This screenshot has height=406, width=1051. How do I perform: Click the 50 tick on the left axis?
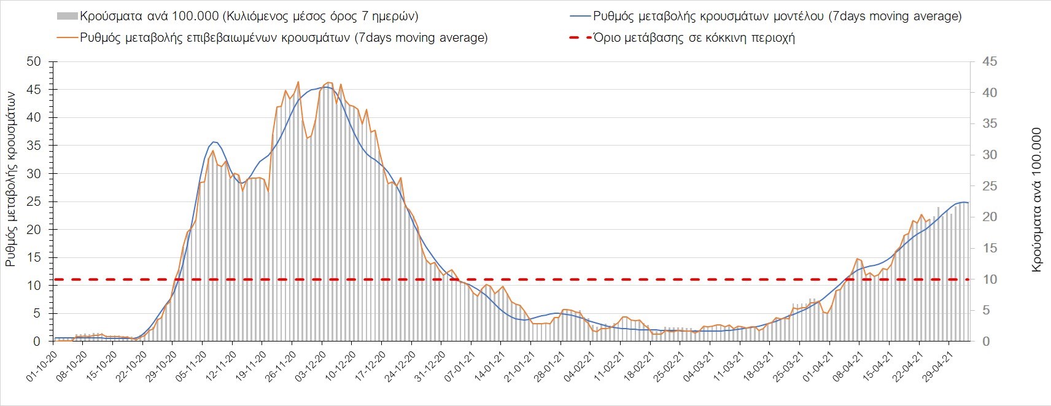(x=33, y=61)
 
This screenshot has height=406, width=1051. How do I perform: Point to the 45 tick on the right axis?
(x=990, y=61)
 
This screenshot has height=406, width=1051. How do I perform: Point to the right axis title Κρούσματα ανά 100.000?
(x=1037, y=200)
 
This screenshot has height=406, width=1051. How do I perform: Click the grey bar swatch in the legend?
(x=68, y=16)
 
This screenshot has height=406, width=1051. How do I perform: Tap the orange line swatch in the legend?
(x=68, y=37)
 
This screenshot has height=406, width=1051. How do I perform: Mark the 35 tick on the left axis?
(x=33, y=146)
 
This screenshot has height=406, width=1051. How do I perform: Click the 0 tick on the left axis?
(x=37, y=342)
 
